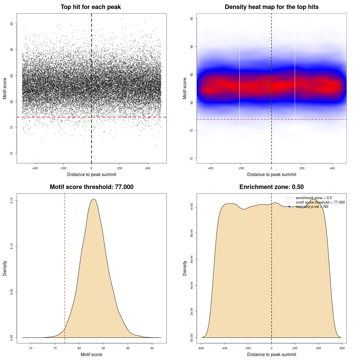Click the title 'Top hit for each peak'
(91, 7)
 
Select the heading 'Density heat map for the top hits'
(271, 7)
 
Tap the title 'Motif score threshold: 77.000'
(91, 187)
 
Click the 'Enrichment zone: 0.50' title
(271, 187)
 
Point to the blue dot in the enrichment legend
(289, 207)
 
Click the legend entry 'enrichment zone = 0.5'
(314, 198)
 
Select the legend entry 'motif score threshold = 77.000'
(320, 202)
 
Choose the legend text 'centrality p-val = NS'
(312, 207)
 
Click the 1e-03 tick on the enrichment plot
(192, 207)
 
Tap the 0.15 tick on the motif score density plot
(12, 200)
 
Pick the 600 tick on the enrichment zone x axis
(342, 348)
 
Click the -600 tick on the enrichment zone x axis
(201, 348)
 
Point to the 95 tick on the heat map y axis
(192, 19)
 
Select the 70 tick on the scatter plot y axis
(12, 153)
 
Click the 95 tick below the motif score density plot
(152, 348)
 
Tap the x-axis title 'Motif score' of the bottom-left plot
(91, 354)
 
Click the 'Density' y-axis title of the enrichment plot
(185, 268)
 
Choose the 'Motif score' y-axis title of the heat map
(185, 88)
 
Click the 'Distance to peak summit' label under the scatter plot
(92, 174)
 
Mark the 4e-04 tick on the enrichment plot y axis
(192, 285)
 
